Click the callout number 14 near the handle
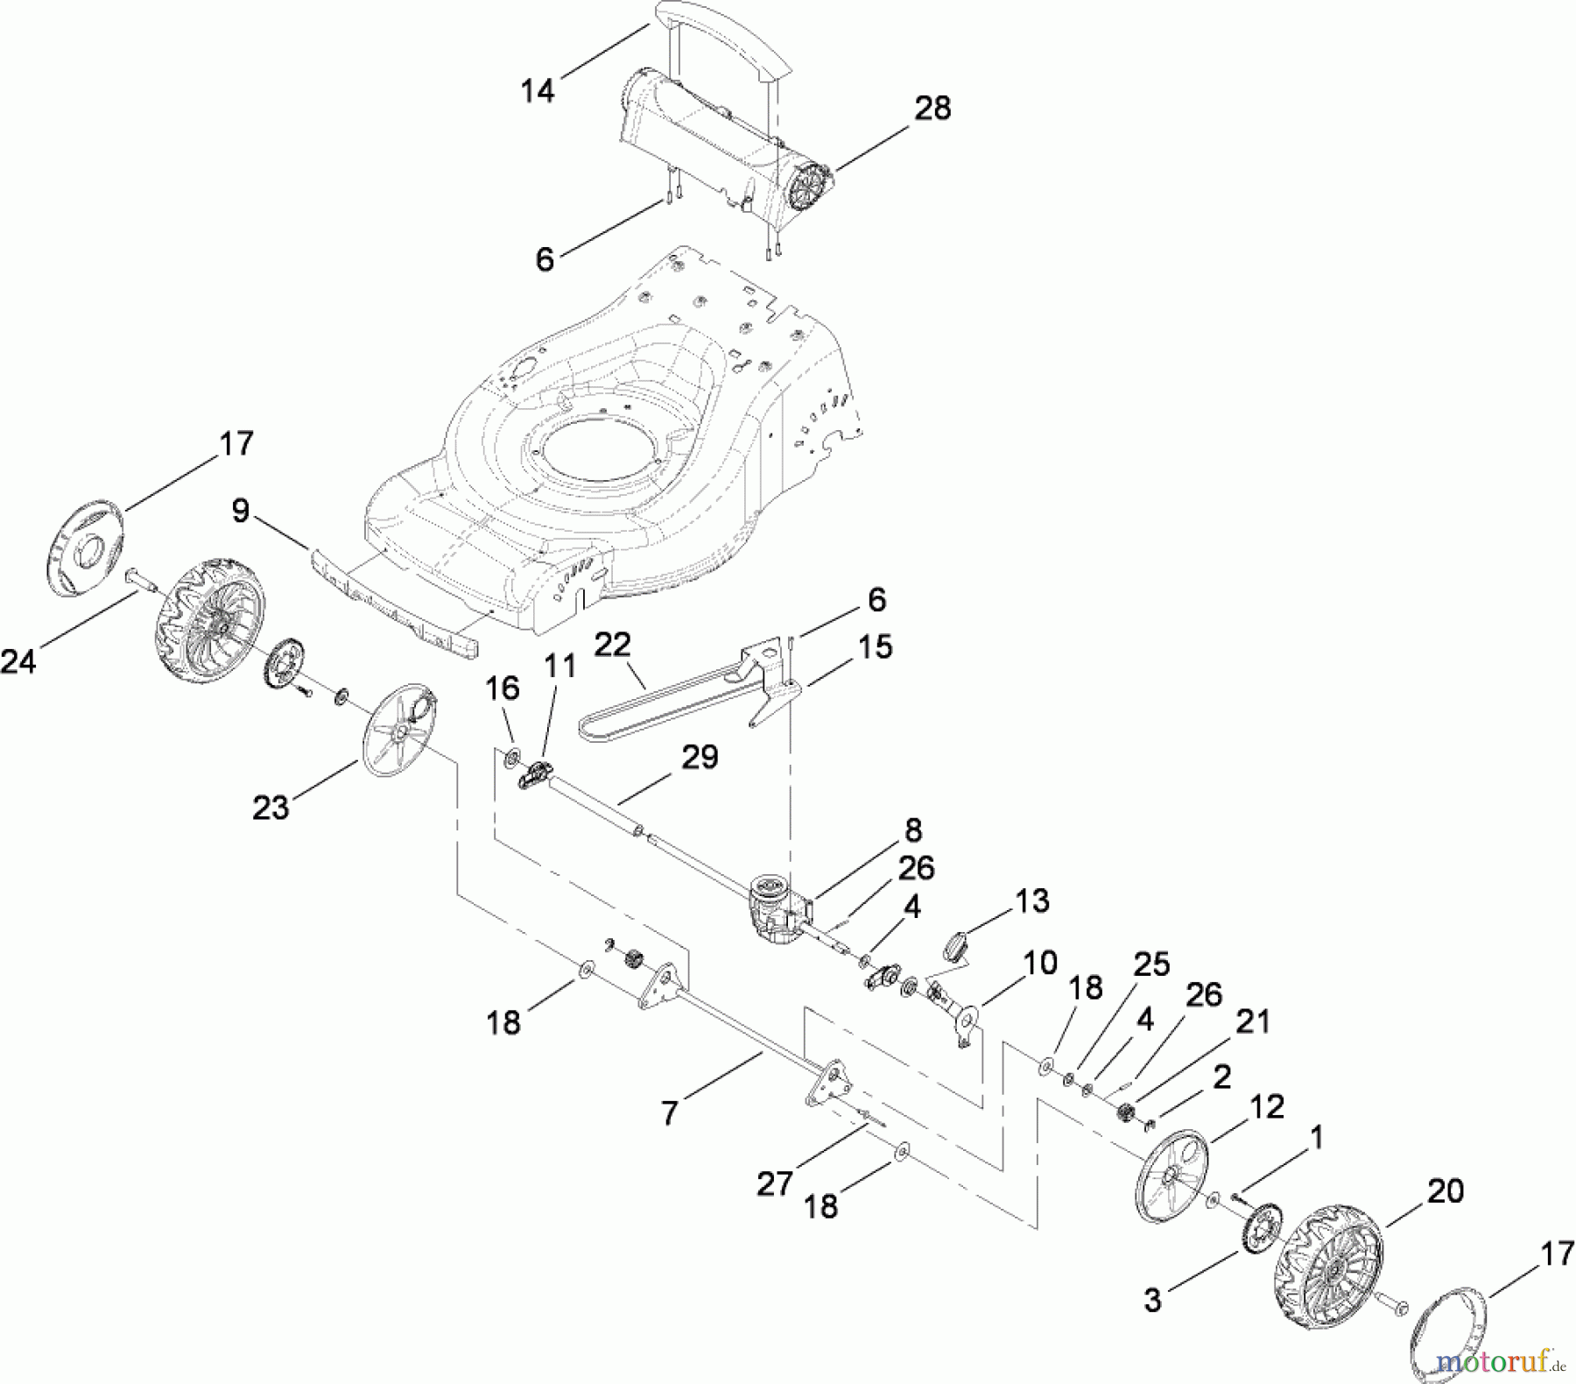tap(538, 90)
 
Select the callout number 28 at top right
tap(932, 109)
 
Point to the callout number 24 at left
tap(19, 661)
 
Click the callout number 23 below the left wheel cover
tap(271, 807)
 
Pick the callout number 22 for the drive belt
tap(612, 646)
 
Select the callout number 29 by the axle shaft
tap(700, 757)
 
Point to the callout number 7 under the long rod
tap(670, 1113)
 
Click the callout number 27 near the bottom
tap(775, 1184)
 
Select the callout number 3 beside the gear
tap(1152, 1301)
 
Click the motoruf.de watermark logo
tap(1502, 1362)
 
